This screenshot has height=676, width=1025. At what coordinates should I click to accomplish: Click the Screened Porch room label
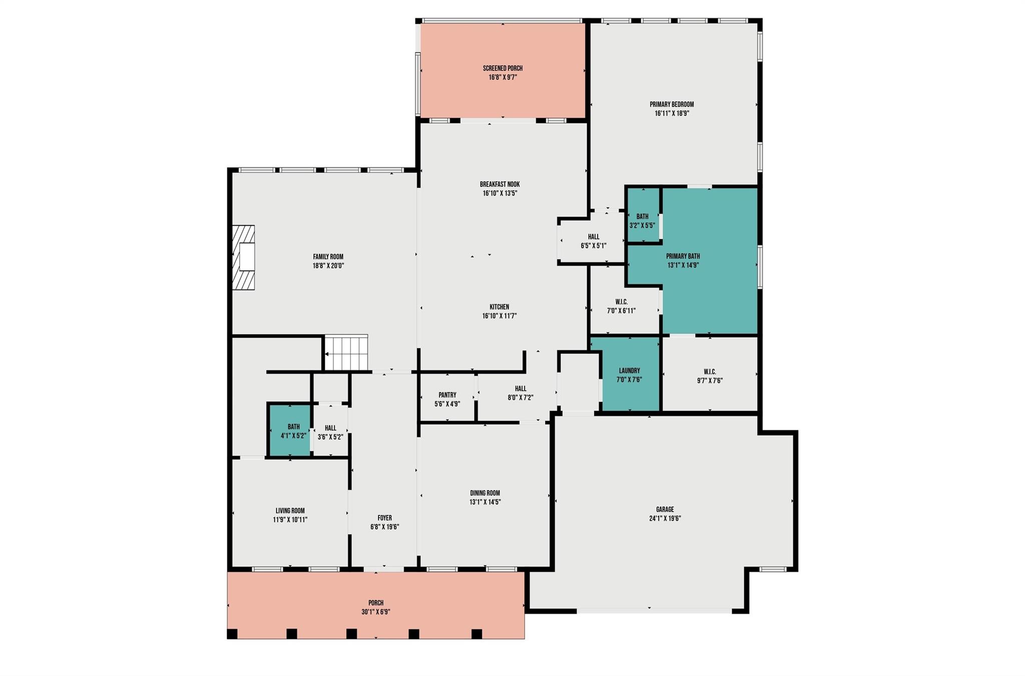(x=502, y=68)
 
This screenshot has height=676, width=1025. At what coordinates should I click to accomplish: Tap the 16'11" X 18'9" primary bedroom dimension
(x=672, y=114)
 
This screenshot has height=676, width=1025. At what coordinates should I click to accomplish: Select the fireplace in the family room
(x=244, y=257)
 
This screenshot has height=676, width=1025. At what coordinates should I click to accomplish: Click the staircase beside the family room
(x=346, y=353)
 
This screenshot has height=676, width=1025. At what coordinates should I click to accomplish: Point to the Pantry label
(x=447, y=395)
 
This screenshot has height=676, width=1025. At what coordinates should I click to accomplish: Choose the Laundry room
(x=629, y=375)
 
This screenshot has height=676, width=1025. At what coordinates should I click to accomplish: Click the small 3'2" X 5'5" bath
(x=642, y=221)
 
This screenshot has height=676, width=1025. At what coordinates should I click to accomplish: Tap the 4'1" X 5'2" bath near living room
(x=293, y=431)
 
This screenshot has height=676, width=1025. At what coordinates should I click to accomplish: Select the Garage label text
(x=665, y=509)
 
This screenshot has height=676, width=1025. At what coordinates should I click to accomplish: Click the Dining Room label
(x=484, y=493)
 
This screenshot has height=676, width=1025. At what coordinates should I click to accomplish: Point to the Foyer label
(x=384, y=518)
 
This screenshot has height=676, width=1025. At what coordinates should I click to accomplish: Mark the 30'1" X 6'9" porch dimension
(x=376, y=612)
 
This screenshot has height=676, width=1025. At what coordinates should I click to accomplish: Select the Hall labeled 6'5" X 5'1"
(x=593, y=241)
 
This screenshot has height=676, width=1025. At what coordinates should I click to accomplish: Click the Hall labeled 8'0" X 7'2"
(x=521, y=393)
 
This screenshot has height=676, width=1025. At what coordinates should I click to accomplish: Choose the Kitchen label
(x=499, y=307)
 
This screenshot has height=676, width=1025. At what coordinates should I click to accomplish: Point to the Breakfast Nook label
(x=499, y=184)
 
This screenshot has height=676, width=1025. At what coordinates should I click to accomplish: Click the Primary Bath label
(x=683, y=256)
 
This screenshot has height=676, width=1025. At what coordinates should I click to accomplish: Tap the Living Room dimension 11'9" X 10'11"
(x=290, y=520)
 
